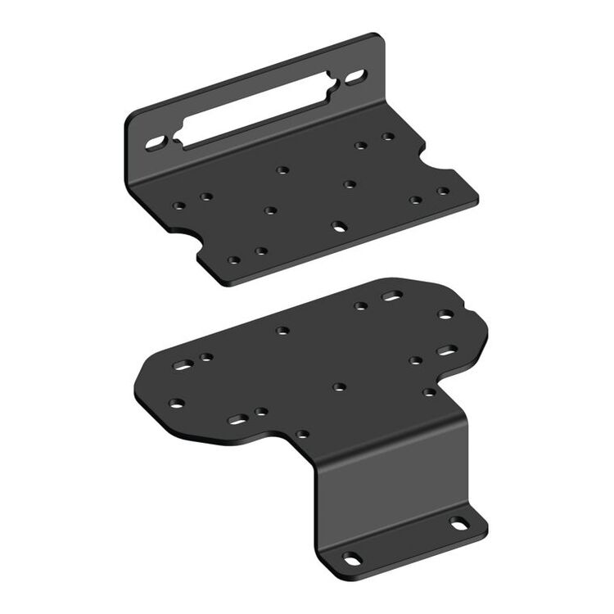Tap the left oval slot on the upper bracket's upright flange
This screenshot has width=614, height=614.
pyautogui.click(x=156, y=142)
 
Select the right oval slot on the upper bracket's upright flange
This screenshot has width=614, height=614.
pyautogui.click(x=355, y=79)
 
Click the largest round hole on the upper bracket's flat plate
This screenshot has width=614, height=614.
pyautogui.click(x=338, y=224)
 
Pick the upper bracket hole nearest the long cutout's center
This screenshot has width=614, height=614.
pyautogui.click(x=282, y=169)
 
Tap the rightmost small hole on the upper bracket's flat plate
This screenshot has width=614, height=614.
pyautogui.click(x=443, y=191)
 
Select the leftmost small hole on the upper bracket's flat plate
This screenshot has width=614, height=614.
pyautogui.click(x=178, y=205)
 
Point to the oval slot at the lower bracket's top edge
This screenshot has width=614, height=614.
pyautogui.click(x=392, y=296)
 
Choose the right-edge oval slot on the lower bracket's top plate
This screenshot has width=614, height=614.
pyautogui.click(x=447, y=350)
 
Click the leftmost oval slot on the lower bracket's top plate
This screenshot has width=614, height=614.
pyautogui.click(x=183, y=364)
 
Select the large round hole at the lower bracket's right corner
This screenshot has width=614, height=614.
pyautogui.click(x=445, y=314)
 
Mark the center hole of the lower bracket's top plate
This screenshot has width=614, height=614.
pyautogui.click(x=339, y=386)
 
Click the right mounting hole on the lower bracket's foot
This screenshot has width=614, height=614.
pyautogui.click(x=459, y=523)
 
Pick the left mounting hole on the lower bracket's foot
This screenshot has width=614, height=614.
pyautogui.click(x=352, y=558)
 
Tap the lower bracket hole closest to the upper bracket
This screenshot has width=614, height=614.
pyautogui.click(x=360, y=306)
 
